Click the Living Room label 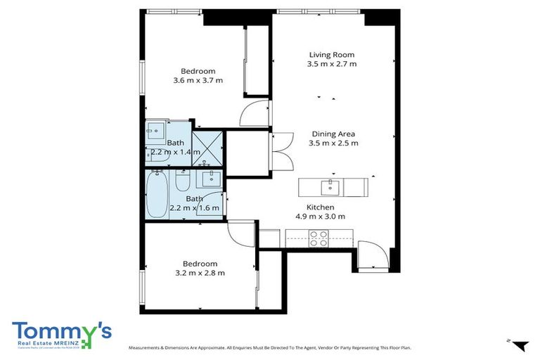(x=332, y=54)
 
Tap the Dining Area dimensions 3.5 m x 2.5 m (x=333, y=143)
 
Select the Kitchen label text (x=320, y=207)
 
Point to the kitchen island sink (x=330, y=187)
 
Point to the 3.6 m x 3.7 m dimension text (x=198, y=80)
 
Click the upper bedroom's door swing (x=255, y=114)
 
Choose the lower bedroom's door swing (x=242, y=233)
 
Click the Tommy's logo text (x=61, y=330)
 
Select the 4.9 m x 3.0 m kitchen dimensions (x=320, y=217)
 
